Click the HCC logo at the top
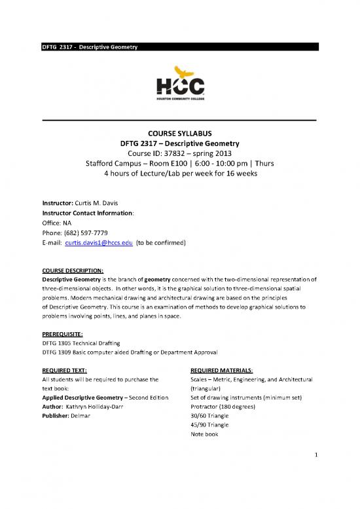click(x=179, y=83)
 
